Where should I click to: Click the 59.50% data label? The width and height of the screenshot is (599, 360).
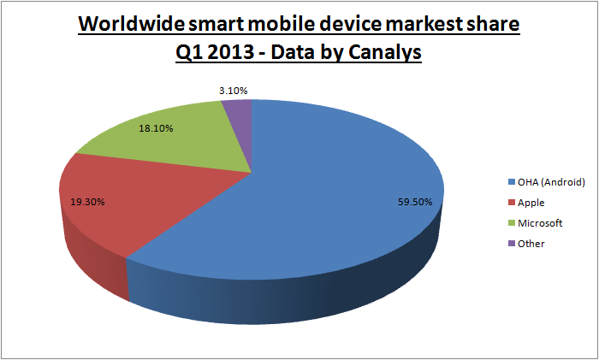coord(414,202)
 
